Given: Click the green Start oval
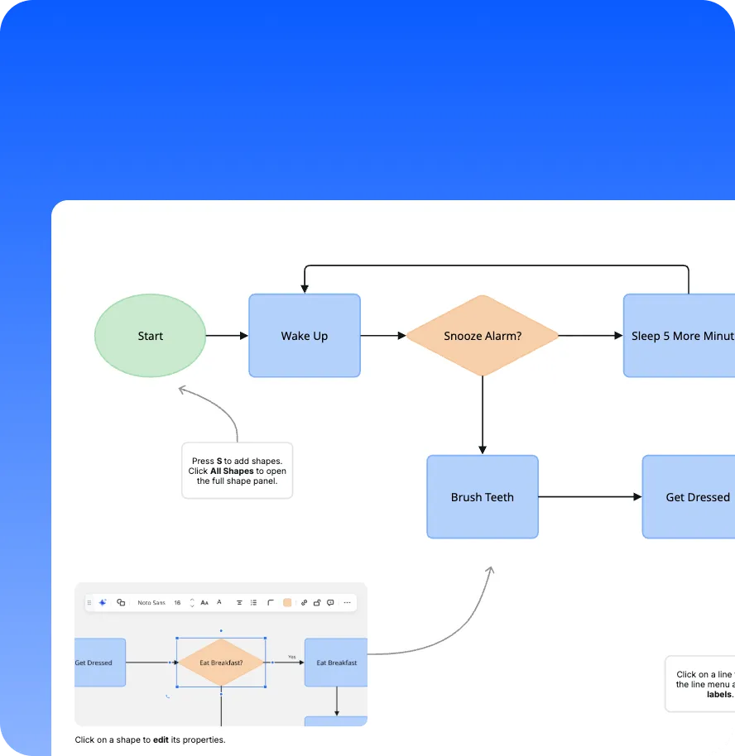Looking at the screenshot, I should pos(150,336).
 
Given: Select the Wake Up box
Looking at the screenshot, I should pos(305,336).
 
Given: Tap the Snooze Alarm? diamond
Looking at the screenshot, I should pos(483,336).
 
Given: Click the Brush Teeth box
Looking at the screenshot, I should pos(483,497).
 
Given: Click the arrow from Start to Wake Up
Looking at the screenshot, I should pos(226,336).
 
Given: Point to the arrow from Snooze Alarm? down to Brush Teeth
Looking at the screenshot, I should pos(483,414).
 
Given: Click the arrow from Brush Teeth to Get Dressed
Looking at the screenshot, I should pos(589,497).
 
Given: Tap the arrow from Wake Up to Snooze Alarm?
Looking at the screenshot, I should pos(382,336).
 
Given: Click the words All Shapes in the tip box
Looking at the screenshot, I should pos(232,471).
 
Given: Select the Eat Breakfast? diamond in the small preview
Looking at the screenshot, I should pos(221,663).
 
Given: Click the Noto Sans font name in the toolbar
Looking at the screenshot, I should pos(151,603).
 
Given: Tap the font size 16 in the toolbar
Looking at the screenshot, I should pos(177,603).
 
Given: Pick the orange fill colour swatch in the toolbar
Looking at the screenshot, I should pos(287,603).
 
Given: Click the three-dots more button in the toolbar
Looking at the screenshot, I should pos(347,603).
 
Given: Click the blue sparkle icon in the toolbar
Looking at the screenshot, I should pos(103,603).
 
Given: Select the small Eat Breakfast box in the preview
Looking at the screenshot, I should pos(336,663).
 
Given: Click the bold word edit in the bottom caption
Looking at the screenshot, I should pos(161,739).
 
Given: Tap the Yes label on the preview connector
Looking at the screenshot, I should pos(291,657).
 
